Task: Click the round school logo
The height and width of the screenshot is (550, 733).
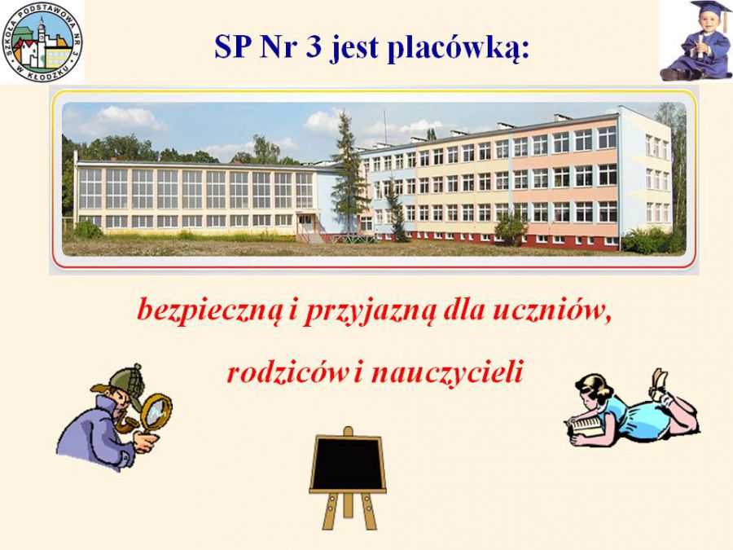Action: pyautogui.click(x=42, y=42)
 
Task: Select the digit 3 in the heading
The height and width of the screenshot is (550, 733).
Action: pyautogui.click(x=314, y=46)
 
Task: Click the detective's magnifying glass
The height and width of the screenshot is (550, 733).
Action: pyautogui.click(x=156, y=412)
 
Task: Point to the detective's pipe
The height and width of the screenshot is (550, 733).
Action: pyautogui.click(x=127, y=424)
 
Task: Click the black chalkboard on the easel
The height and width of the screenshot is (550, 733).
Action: pyautogui.click(x=347, y=463)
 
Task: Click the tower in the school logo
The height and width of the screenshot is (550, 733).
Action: pyautogui.click(x=42, y=37)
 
